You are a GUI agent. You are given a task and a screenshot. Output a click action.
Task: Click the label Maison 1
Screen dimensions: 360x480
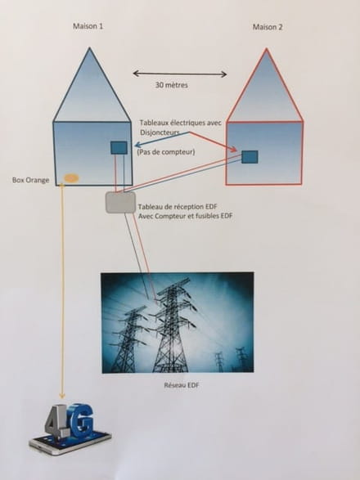[x=88, y=26]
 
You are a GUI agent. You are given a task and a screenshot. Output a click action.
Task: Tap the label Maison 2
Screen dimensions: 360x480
[x=268, y=27]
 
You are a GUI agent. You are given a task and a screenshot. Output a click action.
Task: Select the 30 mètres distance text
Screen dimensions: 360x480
[x=172, y=85]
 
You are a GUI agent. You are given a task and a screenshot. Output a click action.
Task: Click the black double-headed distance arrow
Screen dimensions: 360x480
[x=180, y=74]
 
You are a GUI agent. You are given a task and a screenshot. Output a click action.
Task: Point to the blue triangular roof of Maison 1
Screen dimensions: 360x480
[x=90, y=92]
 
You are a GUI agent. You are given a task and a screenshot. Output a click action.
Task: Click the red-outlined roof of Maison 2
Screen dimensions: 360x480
[x=266, y=92]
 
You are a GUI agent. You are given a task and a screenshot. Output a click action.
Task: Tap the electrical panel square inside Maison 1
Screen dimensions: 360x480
[x=119, y=148]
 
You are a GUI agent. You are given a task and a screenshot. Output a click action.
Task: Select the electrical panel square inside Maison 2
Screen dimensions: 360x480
[x=250, y=157]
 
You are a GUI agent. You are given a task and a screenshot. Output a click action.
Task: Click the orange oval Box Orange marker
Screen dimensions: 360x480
[x=71, y=178]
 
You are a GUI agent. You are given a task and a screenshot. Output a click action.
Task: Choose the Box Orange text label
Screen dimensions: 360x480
[x=30, y=180]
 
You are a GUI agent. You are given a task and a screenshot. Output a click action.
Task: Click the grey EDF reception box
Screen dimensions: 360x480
[x=121, y=202]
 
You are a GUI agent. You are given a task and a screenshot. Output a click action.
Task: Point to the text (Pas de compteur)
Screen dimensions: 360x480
[x=166, y=152]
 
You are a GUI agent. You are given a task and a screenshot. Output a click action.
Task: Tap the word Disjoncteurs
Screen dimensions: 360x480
[x=160, y=132]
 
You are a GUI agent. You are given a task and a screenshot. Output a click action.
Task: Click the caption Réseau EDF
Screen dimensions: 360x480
[x=182, y=385]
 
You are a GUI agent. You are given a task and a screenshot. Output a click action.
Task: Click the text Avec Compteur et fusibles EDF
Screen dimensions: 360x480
[x=186, y=216]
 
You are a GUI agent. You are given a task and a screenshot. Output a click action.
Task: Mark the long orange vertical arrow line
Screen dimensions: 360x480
[x=63, y=290]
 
